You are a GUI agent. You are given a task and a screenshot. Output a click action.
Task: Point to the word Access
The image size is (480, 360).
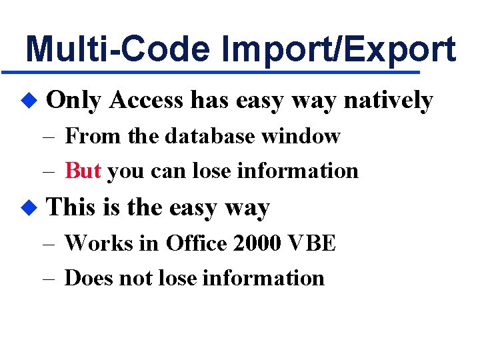[145, 101]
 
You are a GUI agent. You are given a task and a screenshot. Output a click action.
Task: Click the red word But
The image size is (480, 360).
[83, 171]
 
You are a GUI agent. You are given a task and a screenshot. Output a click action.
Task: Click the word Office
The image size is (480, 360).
[197, 243]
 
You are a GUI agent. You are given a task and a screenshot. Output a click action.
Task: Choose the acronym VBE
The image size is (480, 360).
[313, 243]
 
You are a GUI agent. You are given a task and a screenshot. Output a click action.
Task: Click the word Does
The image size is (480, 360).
[89, 277]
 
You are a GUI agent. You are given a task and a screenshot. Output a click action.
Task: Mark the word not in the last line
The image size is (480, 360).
[134, 277]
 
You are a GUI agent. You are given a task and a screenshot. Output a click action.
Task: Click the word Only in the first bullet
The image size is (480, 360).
[74, 101]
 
